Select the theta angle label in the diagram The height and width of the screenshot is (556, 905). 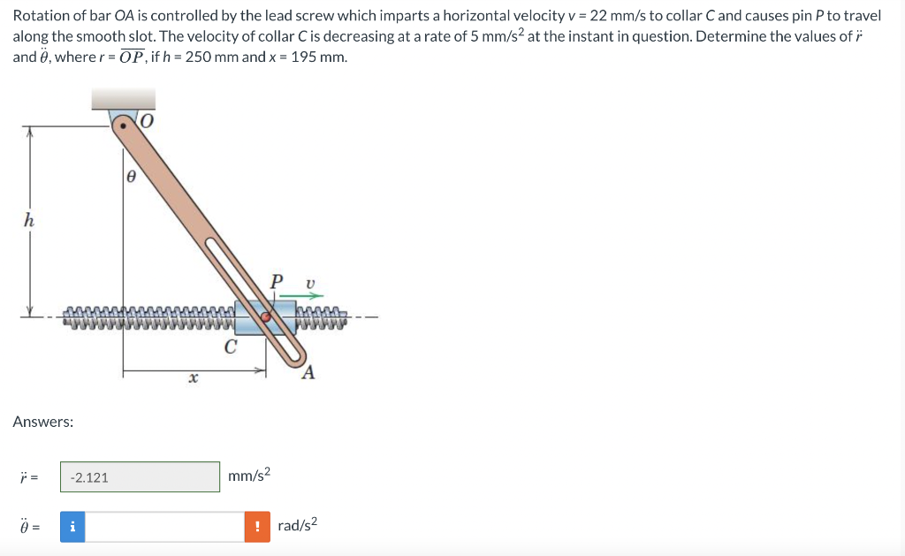click(130, 176)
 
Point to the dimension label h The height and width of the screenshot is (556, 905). click(28, 221)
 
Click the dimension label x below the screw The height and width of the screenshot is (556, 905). click(192, 378)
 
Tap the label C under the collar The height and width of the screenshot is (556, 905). click(230, 347)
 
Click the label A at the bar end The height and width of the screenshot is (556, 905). click(308, 372)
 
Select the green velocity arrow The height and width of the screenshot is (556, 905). click(304, 297)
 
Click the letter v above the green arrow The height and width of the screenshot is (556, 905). click(308, 283)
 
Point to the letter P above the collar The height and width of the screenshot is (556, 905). click(277, 282)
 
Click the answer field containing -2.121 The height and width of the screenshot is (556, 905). click(140, 477)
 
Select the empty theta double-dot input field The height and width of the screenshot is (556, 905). click(164, 527)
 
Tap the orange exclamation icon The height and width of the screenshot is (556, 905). click(257, 527)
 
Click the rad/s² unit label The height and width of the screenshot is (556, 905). click(297, 525)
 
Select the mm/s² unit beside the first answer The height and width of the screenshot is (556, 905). click(248, 476)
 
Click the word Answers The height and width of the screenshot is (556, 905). click(43, 422)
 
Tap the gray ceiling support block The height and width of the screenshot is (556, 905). click(124, 98)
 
